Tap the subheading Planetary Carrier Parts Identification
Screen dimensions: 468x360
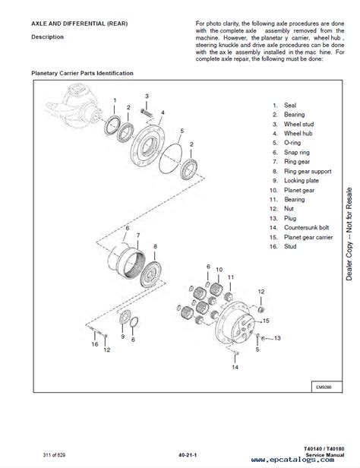82,73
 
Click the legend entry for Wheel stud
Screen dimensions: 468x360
289,124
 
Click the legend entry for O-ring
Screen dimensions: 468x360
286,143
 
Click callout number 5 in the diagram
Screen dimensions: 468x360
181,131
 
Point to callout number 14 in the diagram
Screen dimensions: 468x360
235,367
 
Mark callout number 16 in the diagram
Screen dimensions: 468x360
95,343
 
